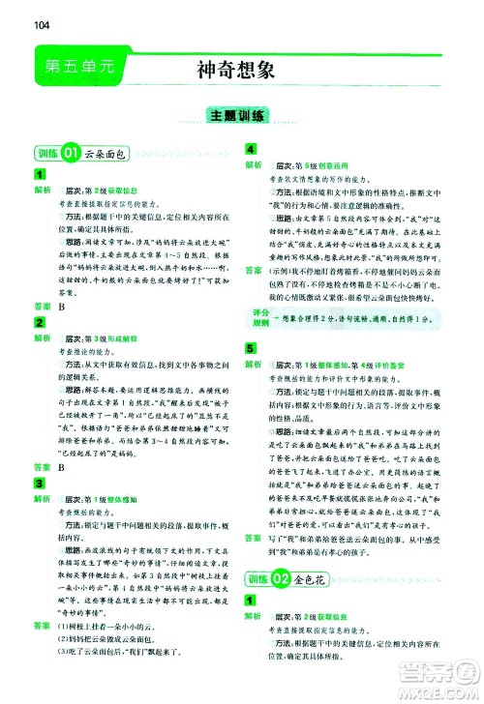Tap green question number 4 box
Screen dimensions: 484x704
pos(253,148)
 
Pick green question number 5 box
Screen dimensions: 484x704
pos(253,345)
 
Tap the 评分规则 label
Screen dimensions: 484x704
pos(258,318)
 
